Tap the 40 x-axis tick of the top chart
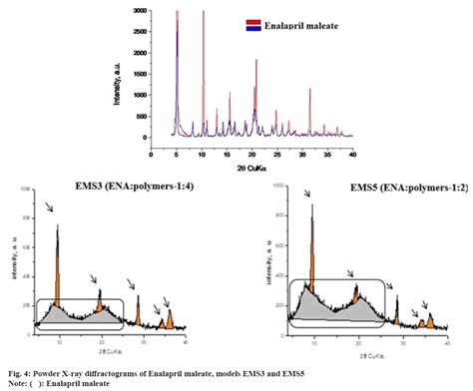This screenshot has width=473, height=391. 352,155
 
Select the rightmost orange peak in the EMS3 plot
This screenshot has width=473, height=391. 170,319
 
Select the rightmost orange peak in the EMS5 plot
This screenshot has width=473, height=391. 432,317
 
